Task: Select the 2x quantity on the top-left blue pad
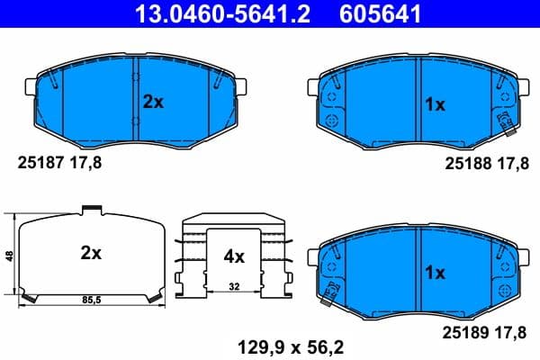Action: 154,103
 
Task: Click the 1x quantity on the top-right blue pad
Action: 435,104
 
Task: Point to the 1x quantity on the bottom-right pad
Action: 435,271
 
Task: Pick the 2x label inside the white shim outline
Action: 91,254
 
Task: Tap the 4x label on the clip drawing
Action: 234,256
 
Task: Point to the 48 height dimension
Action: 9,256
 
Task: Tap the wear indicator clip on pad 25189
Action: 330,290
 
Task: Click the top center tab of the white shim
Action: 91,211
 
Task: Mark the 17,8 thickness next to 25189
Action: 509,333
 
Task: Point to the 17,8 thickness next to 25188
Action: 509,163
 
